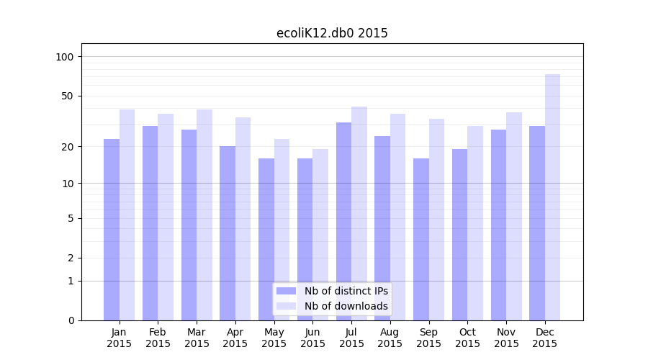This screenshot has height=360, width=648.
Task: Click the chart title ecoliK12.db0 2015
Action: point(332,33)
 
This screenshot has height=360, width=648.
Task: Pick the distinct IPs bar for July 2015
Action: point(343,221)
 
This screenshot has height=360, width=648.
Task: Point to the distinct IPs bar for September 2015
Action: point(421,239)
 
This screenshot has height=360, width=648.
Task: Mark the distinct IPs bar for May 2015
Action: point(266,239)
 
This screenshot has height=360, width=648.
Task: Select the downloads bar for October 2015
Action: point(475,222)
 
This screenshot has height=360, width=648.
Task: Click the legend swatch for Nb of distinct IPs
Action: point(286,291)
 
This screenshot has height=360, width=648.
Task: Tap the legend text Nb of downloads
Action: point(346,306)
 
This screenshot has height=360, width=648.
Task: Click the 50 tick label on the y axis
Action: point(68,96)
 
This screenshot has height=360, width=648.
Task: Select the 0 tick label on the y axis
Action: point(71,320)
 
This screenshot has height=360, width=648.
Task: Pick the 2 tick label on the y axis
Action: point(71,258)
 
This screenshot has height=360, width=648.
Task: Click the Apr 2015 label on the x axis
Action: point(235,338)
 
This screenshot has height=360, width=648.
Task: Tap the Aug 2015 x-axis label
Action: point(390,338)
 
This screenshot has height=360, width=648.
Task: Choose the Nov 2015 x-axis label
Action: point(506,338)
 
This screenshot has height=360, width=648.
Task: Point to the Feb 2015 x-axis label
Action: point(158,338)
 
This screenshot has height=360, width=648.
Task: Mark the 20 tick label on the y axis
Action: point(68,147)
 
